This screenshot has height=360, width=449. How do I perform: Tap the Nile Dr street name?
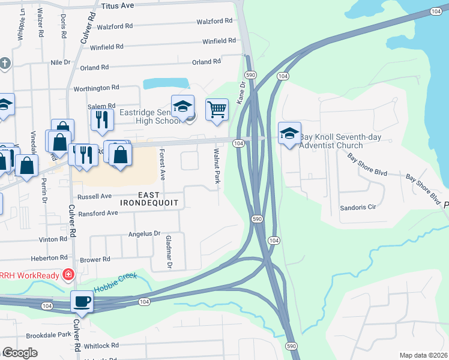pos(61,62)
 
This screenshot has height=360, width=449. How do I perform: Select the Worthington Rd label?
pos(96,88)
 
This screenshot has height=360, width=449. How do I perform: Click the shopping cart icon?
pos(217,110)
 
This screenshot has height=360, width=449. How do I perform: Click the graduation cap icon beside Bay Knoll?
pos(290,133)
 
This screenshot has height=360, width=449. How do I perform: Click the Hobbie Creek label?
pos(115,280)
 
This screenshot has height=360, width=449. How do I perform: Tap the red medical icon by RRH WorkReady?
pos(68,275)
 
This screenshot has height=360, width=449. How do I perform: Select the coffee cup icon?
pos(82,302)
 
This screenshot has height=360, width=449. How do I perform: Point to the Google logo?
pos(20,353)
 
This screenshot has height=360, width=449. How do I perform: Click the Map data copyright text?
pos(423,355)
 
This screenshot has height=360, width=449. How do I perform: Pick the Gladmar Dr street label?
pos(169,252)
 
